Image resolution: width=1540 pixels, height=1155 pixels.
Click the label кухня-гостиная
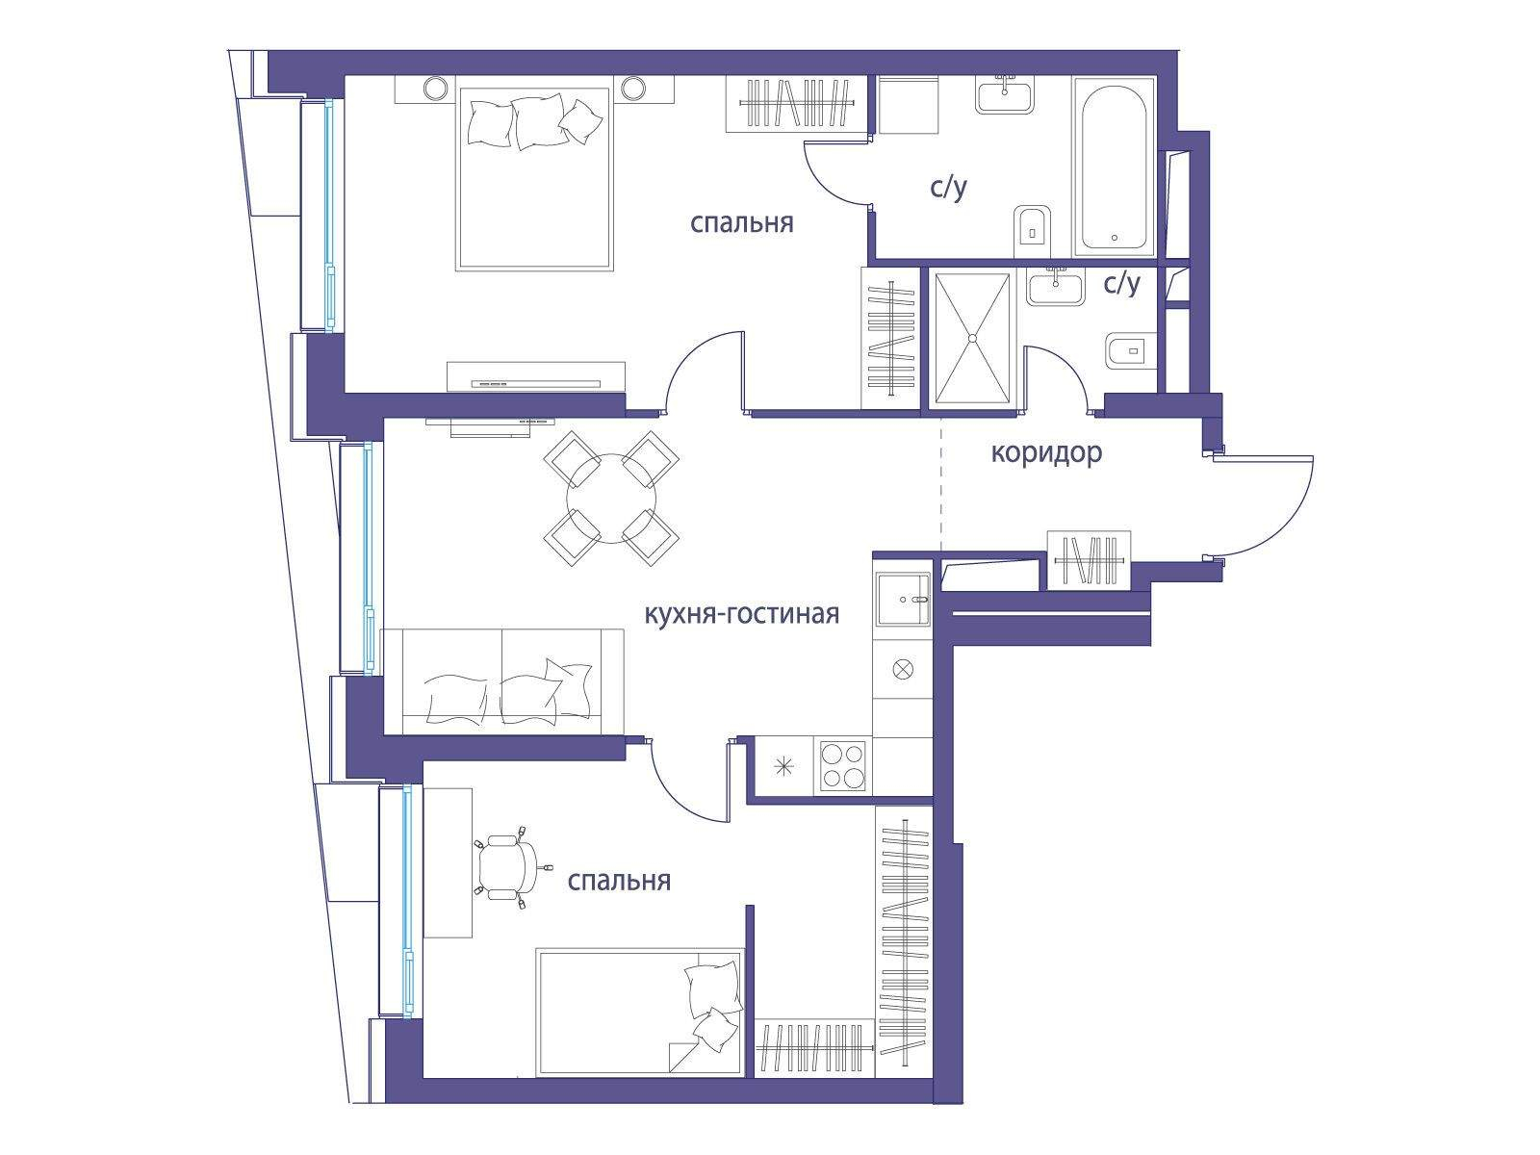[x=741, y=615]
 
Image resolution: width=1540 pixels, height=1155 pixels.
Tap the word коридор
[x=1046, y=453]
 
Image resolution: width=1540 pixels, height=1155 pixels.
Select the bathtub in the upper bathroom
[x=1114, y=167]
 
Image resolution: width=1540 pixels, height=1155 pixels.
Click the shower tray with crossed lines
[x=972, y=338]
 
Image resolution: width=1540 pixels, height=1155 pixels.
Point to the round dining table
[x=611, y=499]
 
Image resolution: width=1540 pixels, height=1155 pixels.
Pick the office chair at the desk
[x=510, y=866]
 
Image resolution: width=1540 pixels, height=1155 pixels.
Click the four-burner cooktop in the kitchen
[x=842, y=766]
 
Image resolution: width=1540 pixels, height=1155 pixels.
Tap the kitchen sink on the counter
[x=903, y=599]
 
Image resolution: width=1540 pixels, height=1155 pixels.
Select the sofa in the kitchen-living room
[x=502, y=681]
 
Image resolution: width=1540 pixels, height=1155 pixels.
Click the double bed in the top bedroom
[x=534, y=179]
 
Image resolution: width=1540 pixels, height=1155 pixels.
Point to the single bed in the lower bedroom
[x=639, y=1013]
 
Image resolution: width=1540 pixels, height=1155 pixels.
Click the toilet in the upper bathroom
[x=1033, y=232]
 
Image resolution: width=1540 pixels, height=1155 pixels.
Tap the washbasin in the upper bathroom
[x=1006, y=95]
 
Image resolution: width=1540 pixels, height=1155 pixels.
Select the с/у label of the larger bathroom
[x=949, y=188]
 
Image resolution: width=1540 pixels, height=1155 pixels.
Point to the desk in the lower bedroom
[x=448, y=862]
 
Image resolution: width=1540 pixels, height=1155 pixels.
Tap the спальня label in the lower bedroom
[x=619, y=881]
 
